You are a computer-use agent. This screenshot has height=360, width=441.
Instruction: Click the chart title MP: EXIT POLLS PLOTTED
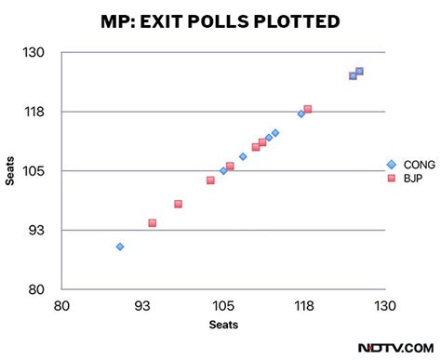pyautogui.click(x=220, y=20)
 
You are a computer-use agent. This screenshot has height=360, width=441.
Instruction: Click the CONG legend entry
pyautogui.click(x=411, y=165)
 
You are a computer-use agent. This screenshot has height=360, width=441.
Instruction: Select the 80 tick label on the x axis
pyautogui.click(x=61, y=306)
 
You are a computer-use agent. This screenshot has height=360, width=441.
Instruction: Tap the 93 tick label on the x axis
pyautogui.click(x=142, y=306)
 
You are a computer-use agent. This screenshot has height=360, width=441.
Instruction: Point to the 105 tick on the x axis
pyautogui.click(x=223, y=306)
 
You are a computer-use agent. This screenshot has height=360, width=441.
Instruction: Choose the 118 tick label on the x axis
pyautogui.click(x=304, y=306)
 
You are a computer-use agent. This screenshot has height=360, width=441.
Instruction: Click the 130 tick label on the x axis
pyautogui.click(x=385, y=306)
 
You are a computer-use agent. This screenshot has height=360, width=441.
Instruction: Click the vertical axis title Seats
pyautogui.click(x=10, y=170)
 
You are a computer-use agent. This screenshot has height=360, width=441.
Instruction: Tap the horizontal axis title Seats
pyautogui.click(x=223, y=325)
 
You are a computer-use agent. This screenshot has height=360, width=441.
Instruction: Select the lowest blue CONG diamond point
pyautogui.click(x=120, y=247)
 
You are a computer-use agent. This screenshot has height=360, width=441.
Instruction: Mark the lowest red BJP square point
pyautogui.click(x=152, y=223)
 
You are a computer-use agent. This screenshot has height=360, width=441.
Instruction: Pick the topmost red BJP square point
pyautogui.click(x=359, y=71)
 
